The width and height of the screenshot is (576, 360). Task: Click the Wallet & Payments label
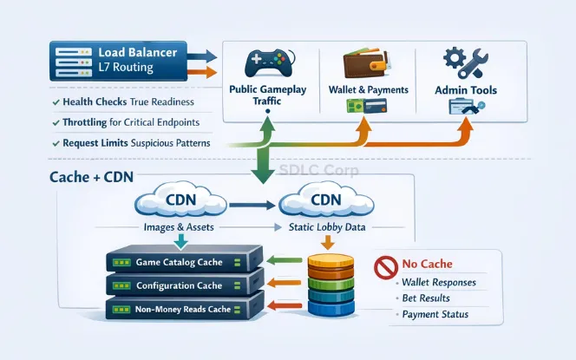(367, 89)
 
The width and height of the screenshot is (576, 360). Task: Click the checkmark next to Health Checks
(56, 102)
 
